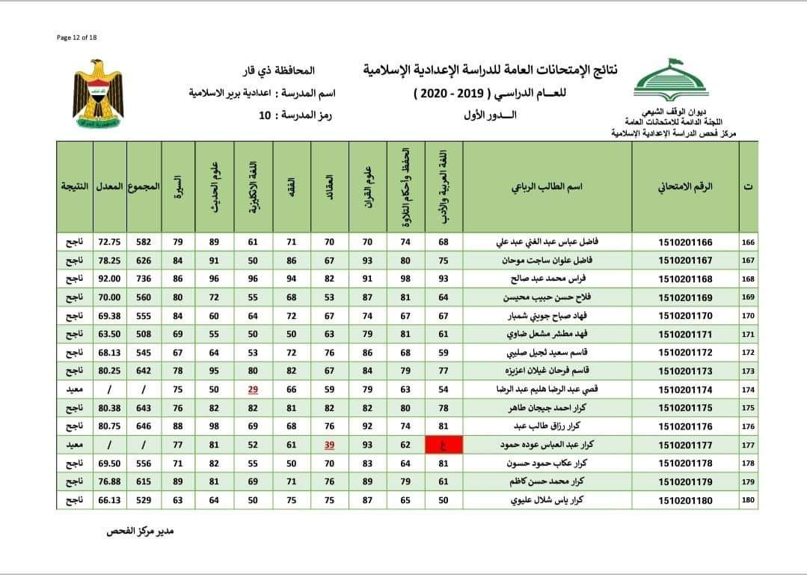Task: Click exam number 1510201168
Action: click(x=685, y=279)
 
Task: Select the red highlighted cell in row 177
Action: click(x=444, y=445)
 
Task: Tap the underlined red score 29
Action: click(x=253, y=389)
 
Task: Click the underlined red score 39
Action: click(x=330, y=445)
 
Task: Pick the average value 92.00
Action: click(x=110, y=279)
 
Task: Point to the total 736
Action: click(x=144, y=279)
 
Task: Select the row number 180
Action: click(x=747, y=500)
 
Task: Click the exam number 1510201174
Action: click(x=685, y=389)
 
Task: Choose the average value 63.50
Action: click(x=110, y=334)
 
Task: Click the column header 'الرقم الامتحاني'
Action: click(x=685, y=186)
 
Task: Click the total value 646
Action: click(x=144, y=427)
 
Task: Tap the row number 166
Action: click(x=747, y=242)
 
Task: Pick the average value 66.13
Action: click(x=110, y=500)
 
